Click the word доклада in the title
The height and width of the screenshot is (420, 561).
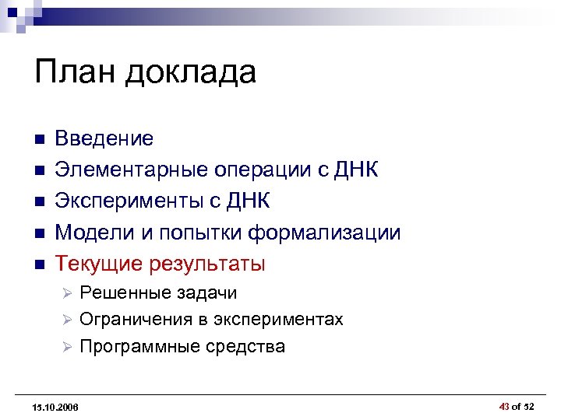189,74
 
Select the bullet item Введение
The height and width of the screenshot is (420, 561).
104,139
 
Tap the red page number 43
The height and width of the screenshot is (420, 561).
504,405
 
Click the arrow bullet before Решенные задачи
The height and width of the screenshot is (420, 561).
67,294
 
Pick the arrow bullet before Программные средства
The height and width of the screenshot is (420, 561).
67,347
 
